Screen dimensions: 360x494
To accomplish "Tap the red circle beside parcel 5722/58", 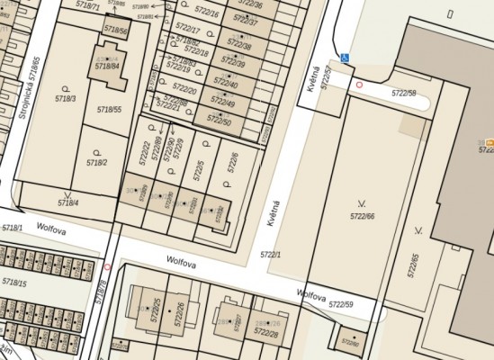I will pyautogui.click(x=360, y=85).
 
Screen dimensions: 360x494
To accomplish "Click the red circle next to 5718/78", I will pyautogui.click(x=107, y=266).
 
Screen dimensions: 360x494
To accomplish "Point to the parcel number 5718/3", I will pyautogui.click(x=66, y=97).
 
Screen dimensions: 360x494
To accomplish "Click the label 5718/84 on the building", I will pyautogui.click(x=107, y=66).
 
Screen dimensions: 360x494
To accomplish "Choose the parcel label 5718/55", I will pyautogui.click(x=109, y=109).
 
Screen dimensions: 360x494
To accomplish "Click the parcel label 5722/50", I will pyautogui.click(x=220, y=120).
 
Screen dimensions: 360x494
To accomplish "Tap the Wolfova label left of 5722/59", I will pyautogui.click(x=311, y=295).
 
